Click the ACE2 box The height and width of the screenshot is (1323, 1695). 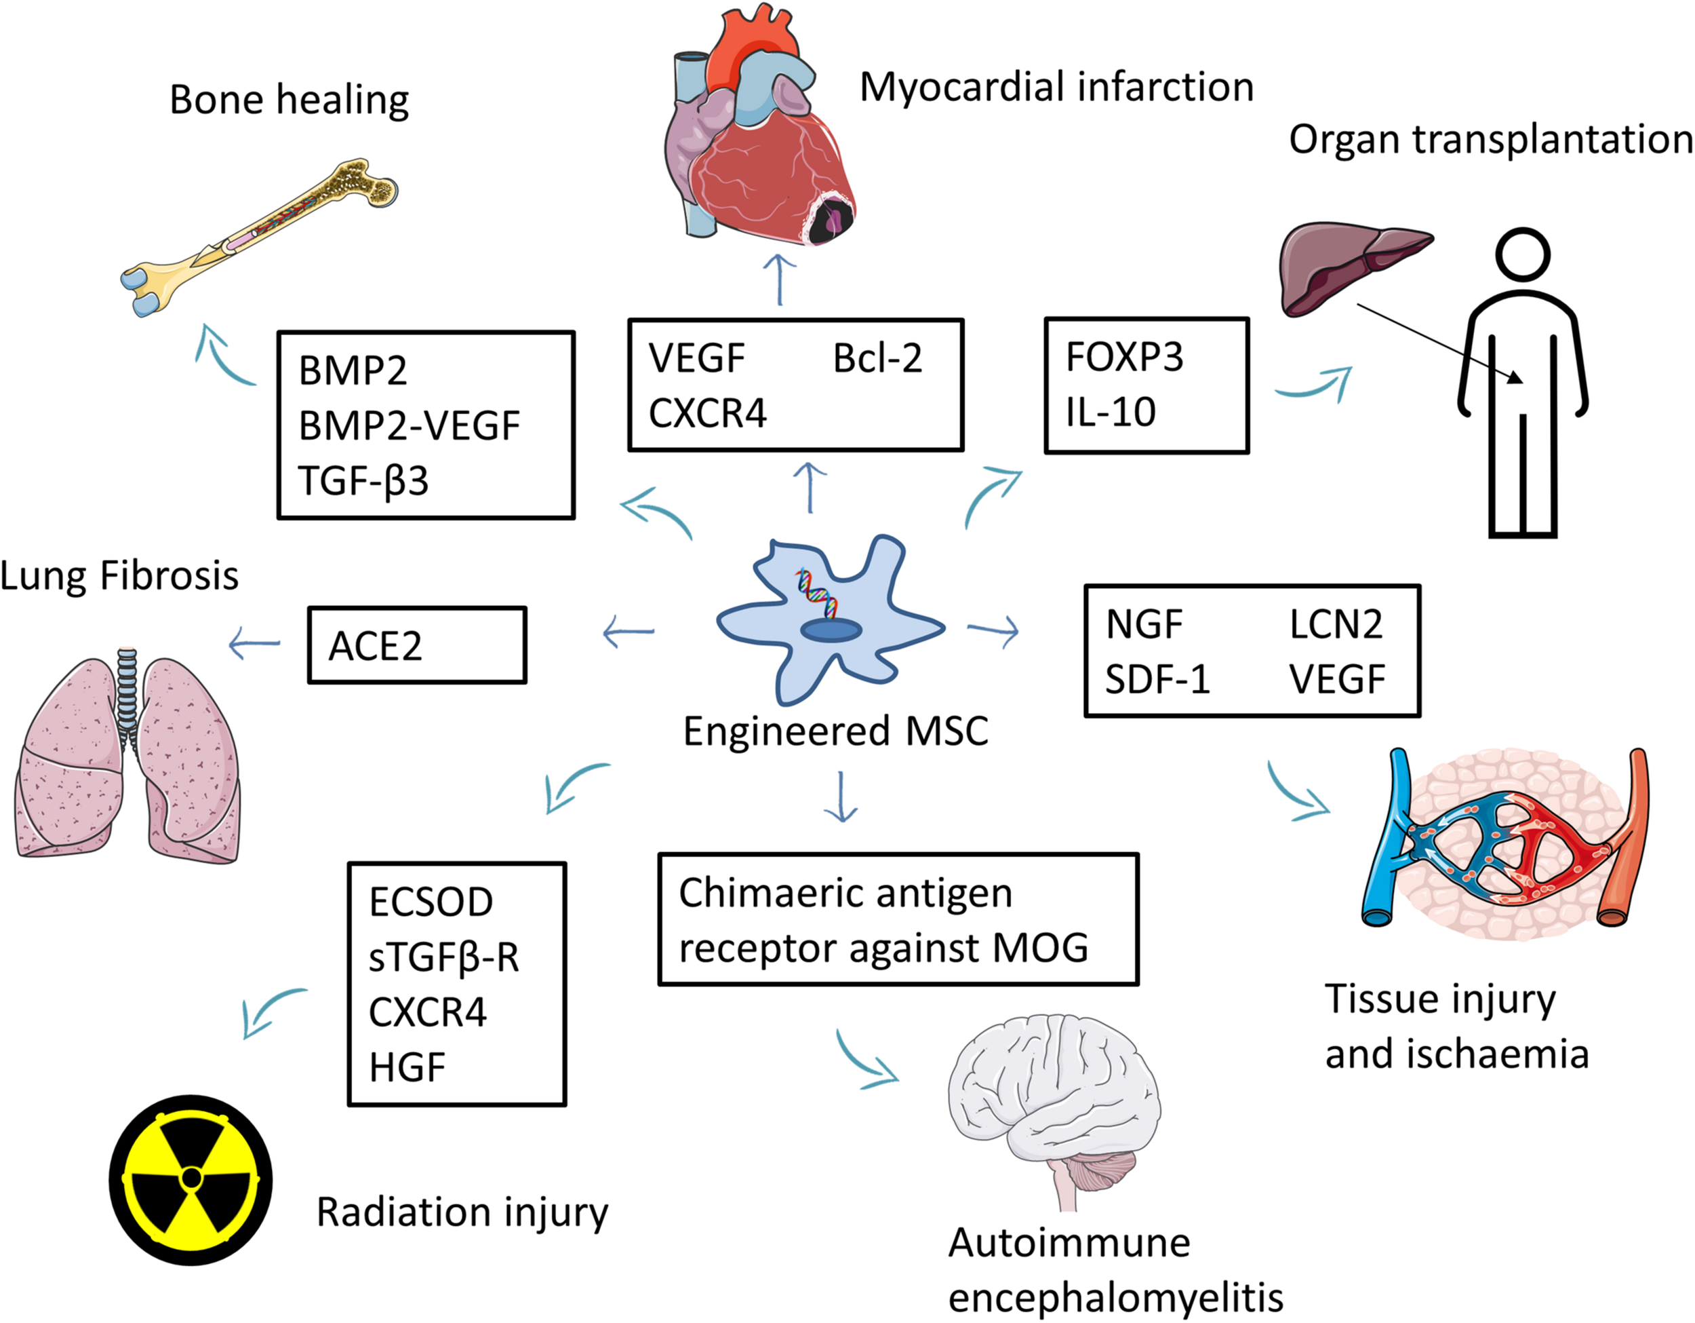[x=417, y=645]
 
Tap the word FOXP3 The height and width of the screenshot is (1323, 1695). [x=1124, y=357]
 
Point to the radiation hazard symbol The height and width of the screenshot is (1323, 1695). [x=191, y=1179]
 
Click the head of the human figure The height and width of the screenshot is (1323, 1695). [x=1523, y=254]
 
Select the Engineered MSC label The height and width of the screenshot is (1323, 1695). [x=835, y=731]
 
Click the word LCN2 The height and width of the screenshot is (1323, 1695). [x=1336, y=624]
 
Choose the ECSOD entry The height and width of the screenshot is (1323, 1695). [x=431, y=902]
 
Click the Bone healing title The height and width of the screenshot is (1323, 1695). [x=289, y=100]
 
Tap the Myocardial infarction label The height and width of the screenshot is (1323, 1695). [x=1056, y=87]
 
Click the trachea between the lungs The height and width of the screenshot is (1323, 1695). [x=127, y=691]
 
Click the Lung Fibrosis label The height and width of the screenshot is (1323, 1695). [x=119, y=576]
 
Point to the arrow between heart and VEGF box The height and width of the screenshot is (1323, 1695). [x=779, y=280]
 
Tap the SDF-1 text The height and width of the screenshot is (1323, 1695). [x=1157, y=680]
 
